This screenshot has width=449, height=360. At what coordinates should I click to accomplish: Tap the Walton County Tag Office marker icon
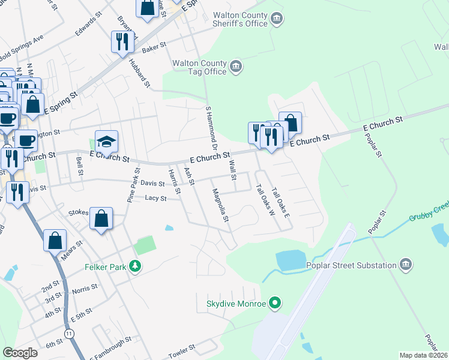(x=235, y=66)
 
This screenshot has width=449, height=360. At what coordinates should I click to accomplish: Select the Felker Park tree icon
(x=137, y=266)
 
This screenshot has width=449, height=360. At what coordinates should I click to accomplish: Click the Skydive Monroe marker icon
(x=276, y=304)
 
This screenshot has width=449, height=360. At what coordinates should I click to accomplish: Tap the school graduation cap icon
(x=106, y=142)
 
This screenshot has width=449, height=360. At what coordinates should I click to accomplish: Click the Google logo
(x=20, y=353)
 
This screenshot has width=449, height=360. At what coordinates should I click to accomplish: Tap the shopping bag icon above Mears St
(x=55, y=240)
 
